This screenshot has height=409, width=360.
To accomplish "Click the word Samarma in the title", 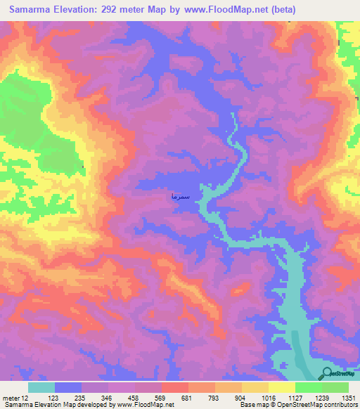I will [x=32, y=10].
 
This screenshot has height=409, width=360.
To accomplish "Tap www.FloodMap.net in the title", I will [x=224, y=10].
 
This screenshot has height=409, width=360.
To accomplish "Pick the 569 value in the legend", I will [x=160, y=398].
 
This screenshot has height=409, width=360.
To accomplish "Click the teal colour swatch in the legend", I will [x=41, y=388].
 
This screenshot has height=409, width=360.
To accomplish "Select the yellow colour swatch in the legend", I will [x=281, y=388].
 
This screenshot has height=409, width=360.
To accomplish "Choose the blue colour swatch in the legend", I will [x=68, y=388].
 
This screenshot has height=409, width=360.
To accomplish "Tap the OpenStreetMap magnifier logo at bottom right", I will [x=328, y=373].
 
